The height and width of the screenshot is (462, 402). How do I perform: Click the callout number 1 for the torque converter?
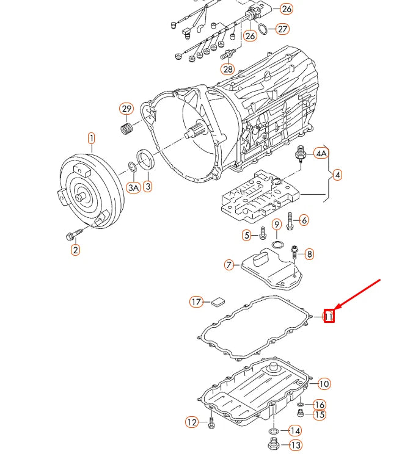(x=91, y=138)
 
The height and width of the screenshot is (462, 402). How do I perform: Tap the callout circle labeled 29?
(x=126, y=109)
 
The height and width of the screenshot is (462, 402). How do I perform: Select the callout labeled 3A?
(x=133, y=187)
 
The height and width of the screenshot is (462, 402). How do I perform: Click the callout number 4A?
(x=321, y=153)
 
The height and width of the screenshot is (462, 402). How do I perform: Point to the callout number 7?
(x=229, y=265)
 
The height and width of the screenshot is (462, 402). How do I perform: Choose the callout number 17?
(x=196, y=301)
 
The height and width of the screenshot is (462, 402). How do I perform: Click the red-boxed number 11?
(x=329, y=316)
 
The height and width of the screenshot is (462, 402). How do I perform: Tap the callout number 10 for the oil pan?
(x=324, y=384)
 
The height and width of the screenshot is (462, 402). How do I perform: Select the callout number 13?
(x=295, y=446)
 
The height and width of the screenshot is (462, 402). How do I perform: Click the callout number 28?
(x=228, y=69)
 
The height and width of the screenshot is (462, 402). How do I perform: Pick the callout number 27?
(x=282, y=29)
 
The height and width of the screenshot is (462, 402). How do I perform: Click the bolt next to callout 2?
(x=69, y=235)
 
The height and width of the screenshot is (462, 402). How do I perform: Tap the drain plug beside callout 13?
(x=273, y=446)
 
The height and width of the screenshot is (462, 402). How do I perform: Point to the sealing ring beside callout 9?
(x=277, y=245)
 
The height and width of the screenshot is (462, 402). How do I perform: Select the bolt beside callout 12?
(x=211, y=422)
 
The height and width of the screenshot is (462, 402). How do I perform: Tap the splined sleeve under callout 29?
(x=126, y=129)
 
